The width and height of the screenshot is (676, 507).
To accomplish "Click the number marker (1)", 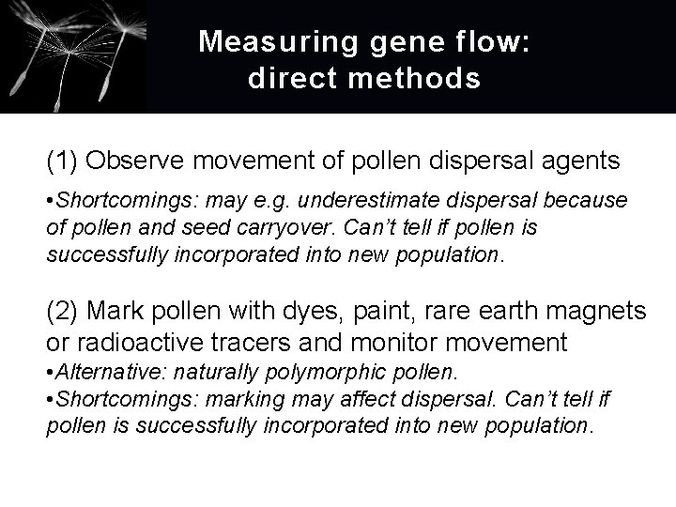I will [61, 161].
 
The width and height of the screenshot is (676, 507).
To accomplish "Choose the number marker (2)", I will [61, 311].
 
